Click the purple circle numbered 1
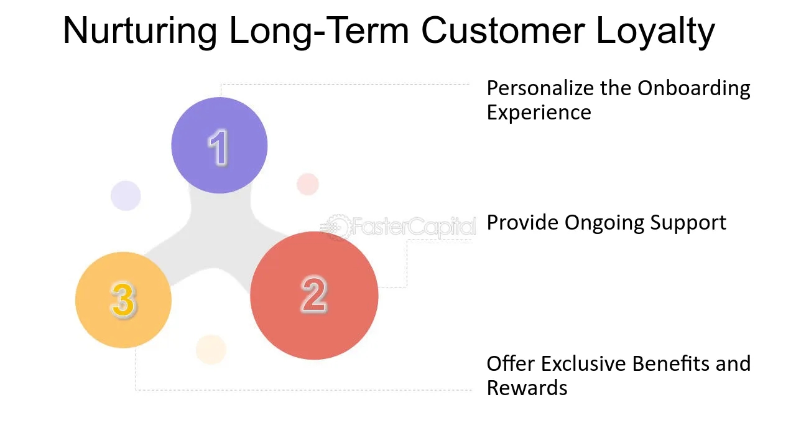point(220,145)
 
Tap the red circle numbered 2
point(314,296)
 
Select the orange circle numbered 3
point(123,300)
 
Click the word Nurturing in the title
point(140,31)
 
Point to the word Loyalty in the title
point(655,31)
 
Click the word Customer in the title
point(503,30)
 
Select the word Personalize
point(540,88)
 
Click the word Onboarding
point(693,88)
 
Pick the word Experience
point(539,113)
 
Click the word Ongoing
point(604,223)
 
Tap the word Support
point(688,223)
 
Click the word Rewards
point(527,388)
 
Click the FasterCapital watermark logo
point(398,226)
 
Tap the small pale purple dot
point(126,195)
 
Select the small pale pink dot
point(308,184)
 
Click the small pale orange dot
point(211,350)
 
